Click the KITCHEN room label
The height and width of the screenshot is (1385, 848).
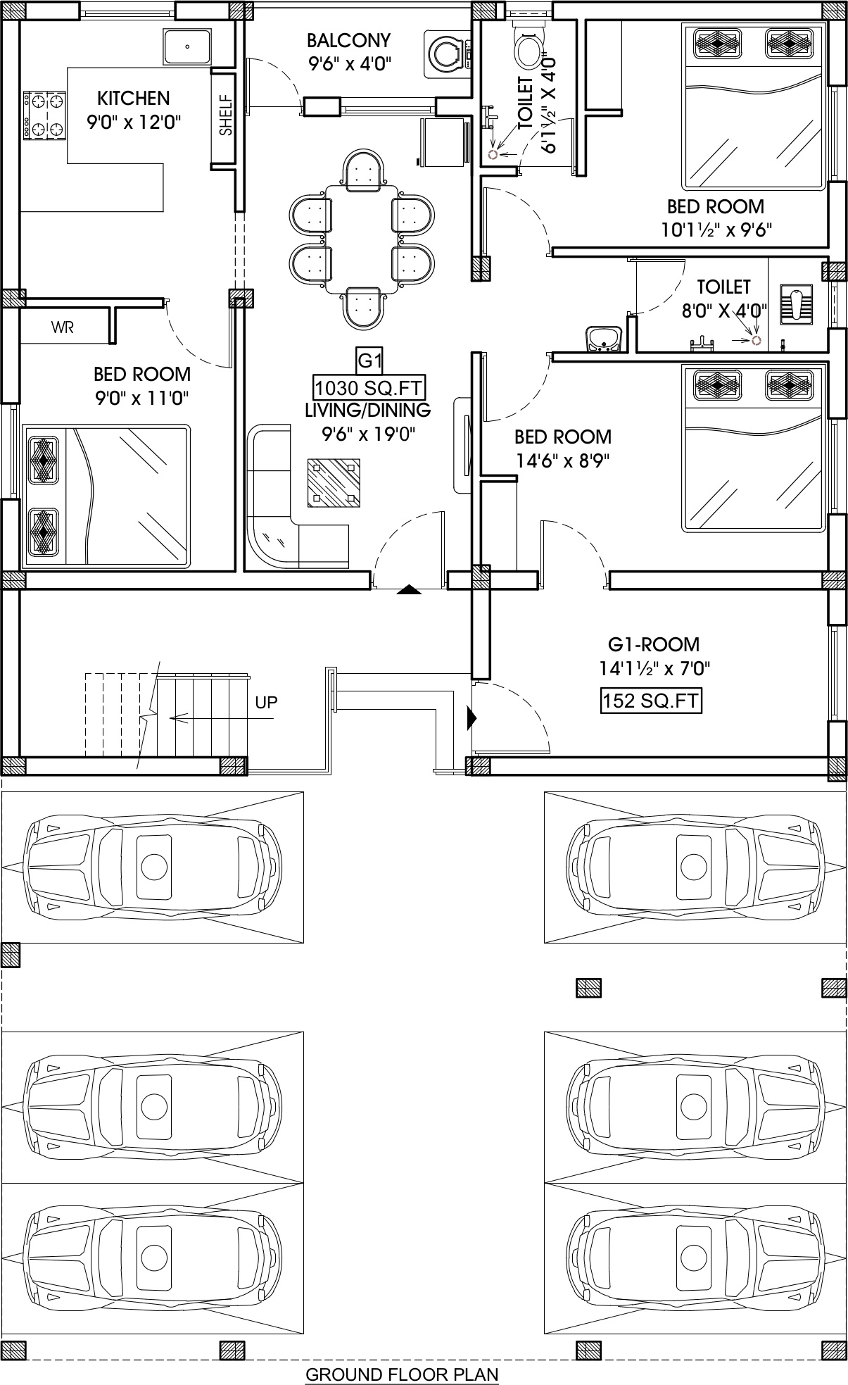133,97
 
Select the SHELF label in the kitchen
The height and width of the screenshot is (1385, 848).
224,115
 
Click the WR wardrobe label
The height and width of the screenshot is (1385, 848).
62,327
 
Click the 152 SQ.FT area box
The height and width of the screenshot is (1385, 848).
651,701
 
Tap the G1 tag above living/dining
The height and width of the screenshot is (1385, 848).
369,362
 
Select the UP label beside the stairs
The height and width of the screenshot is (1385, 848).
266,702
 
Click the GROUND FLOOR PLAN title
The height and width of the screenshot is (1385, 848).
402,1374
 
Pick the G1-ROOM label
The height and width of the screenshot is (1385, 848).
654,644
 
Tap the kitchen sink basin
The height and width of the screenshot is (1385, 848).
187,46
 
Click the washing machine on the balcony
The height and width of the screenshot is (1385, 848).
448,54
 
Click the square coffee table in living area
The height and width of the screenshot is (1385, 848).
334,482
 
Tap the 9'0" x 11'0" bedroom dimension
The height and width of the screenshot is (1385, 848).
142,399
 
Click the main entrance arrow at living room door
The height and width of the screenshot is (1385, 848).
409,590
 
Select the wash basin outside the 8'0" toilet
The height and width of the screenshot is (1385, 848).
604,339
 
